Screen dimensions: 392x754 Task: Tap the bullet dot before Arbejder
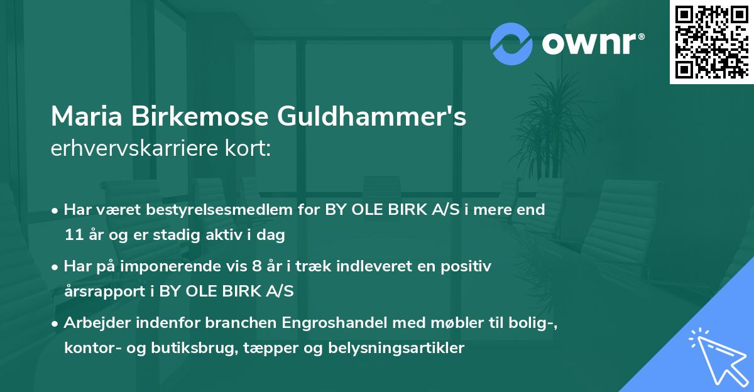click(56, 323)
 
